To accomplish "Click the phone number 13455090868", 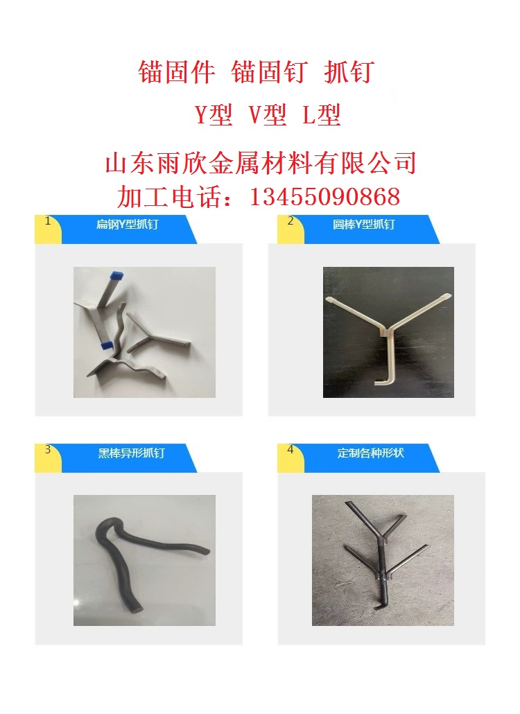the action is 324,197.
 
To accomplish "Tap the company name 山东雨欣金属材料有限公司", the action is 261,163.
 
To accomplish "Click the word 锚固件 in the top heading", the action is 177,72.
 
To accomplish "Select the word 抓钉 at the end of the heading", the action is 349,72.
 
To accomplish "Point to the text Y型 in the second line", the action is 214,114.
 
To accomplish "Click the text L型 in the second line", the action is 322,114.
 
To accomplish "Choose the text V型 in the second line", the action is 268,114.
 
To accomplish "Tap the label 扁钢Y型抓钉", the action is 127,224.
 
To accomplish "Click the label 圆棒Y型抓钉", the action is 363,224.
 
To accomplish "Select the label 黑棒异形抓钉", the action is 131,453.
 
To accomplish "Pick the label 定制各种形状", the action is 371,453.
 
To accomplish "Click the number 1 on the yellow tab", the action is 48,221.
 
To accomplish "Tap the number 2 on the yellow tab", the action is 291,221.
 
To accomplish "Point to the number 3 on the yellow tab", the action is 48,450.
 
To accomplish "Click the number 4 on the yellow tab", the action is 291,450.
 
